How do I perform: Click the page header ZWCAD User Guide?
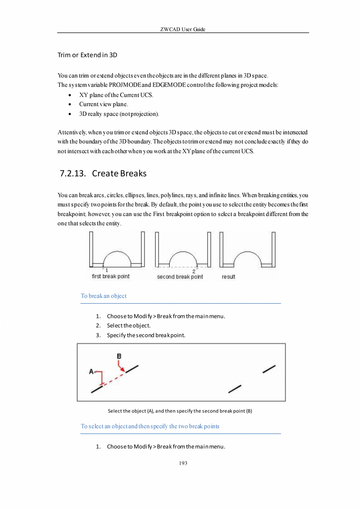[183, 29]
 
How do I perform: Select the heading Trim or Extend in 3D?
[87, 55]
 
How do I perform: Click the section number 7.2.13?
[73, 173]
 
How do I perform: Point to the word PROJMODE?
[123, 85]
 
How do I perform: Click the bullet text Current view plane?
[104, 105]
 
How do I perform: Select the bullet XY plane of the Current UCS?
[116, 95]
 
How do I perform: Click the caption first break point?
[110, 276]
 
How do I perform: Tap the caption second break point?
[180, 277]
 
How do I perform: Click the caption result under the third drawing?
[229, 277]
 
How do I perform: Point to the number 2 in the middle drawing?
[194, 271]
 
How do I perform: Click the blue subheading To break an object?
[104, 296]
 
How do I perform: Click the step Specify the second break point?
[146, 335]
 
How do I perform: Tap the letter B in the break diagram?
[119, 356]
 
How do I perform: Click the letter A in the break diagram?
[91, 371]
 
